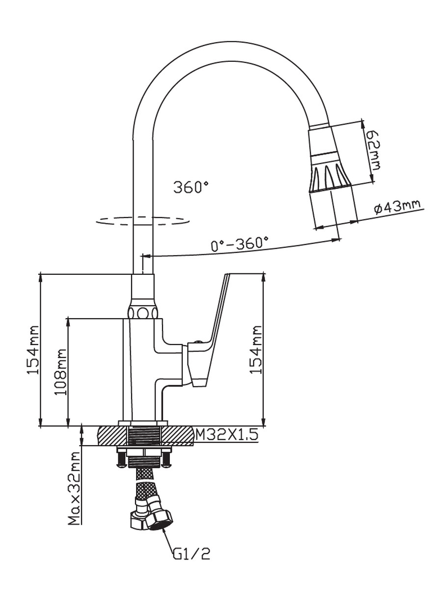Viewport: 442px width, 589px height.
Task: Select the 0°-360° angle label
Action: click(239, 243)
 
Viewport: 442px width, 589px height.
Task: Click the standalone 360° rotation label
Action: click(191, 187)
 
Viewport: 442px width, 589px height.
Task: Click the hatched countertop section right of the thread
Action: click(177, 436)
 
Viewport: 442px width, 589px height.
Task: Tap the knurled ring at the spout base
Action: click(142, 312)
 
